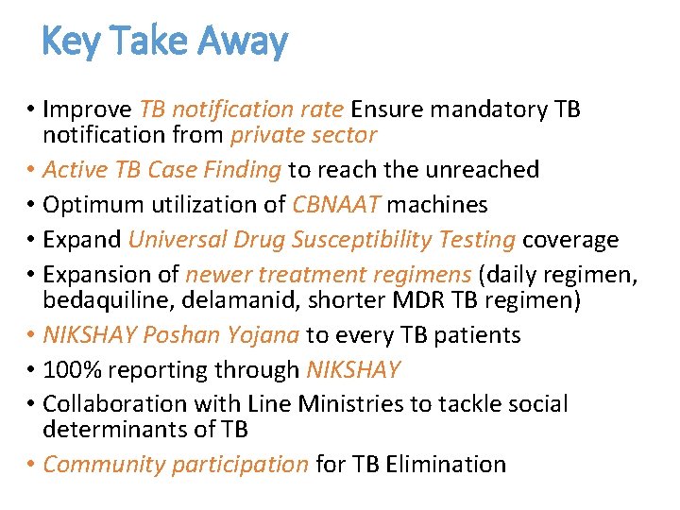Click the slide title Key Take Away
point(165,42)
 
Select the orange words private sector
point(304,135)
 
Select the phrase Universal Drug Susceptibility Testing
point(321,240)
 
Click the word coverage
point(570,240)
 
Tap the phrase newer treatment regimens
point(328,275)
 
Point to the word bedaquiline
point(104,300)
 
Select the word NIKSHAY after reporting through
point(348,370)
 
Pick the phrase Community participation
point(176,465)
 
